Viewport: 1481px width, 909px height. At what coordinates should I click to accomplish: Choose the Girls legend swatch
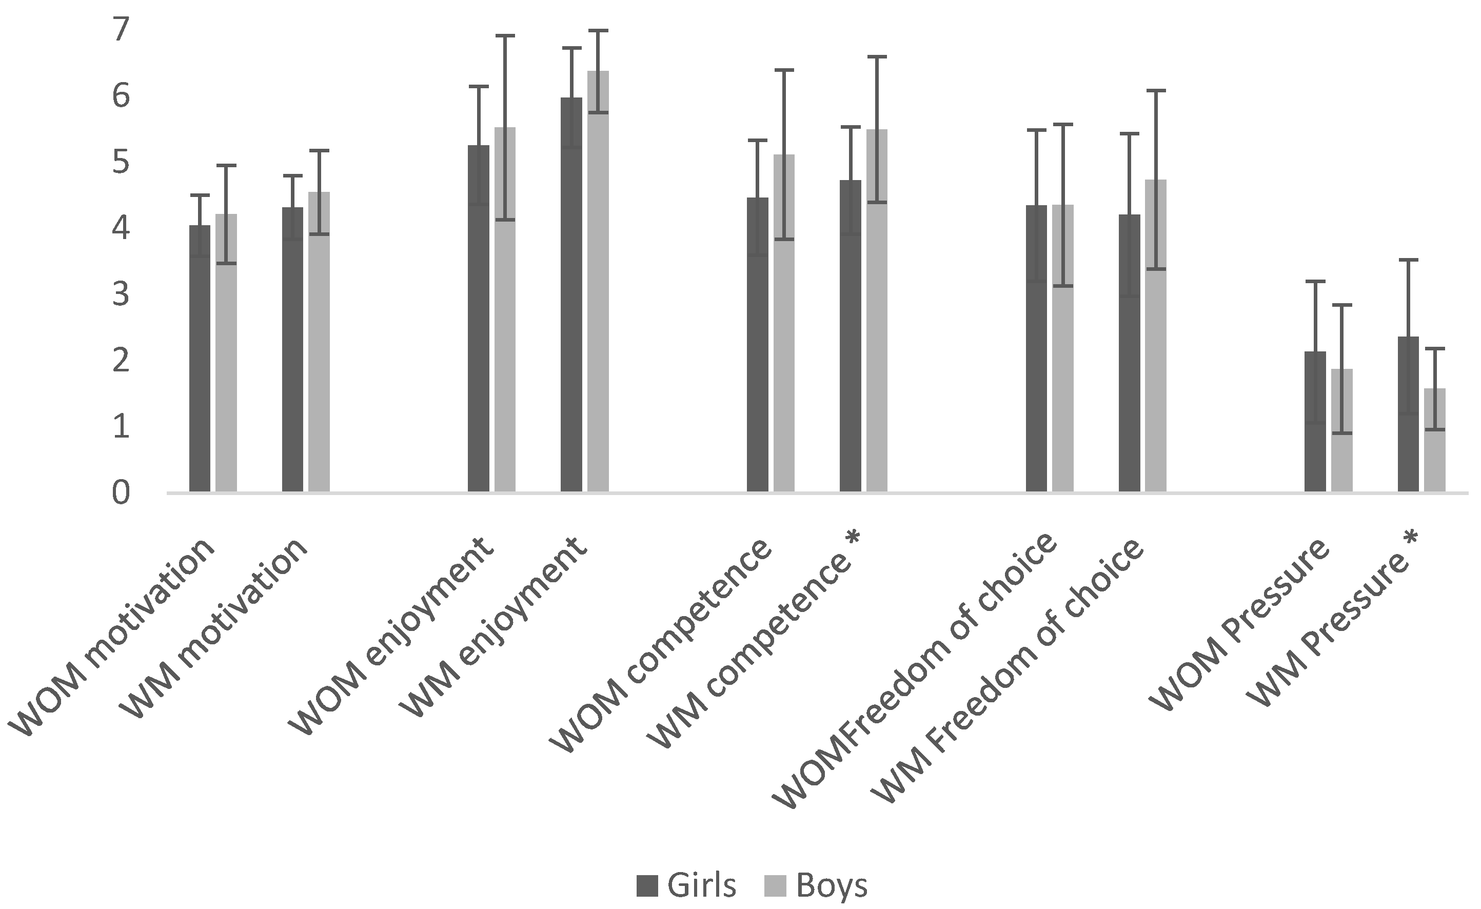pyautogui.click(x=647, y=885)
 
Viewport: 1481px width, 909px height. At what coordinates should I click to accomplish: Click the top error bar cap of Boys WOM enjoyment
pyautogui.click(x=505, y=36)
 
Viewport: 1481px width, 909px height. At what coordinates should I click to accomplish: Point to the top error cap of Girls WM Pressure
pyautogui.click(x=1408, y=260)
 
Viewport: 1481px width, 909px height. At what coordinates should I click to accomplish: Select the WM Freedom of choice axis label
pyautogui.click(x=1010, y=674)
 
